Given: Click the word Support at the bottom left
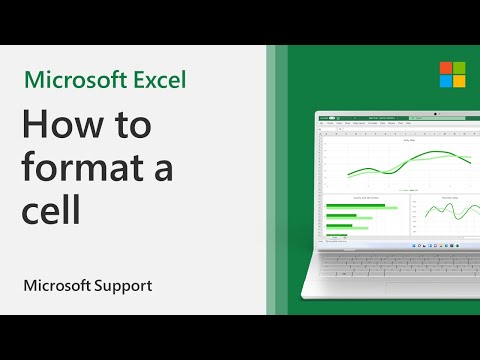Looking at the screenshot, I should coord(122,285).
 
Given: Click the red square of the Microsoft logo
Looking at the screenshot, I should coord(417,68).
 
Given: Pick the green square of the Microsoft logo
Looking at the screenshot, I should coord(432,68).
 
